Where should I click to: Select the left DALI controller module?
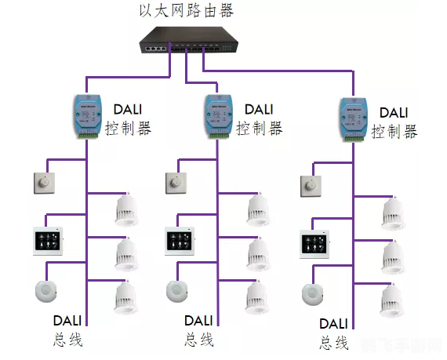pyautogui.click(x=85, y=116)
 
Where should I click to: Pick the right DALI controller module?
pyautogui.click(x=353, y=118)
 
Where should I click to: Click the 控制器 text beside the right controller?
pyautogui.click(x=394, y=132)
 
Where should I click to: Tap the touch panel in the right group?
pyautogui.click(x=314, y=243)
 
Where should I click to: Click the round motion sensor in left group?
pyautogui.click(x=48, y=290)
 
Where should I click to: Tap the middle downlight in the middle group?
pyautogui.click(x=259, y=254)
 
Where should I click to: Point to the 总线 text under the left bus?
pyautogui.click(x=68, y=340)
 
